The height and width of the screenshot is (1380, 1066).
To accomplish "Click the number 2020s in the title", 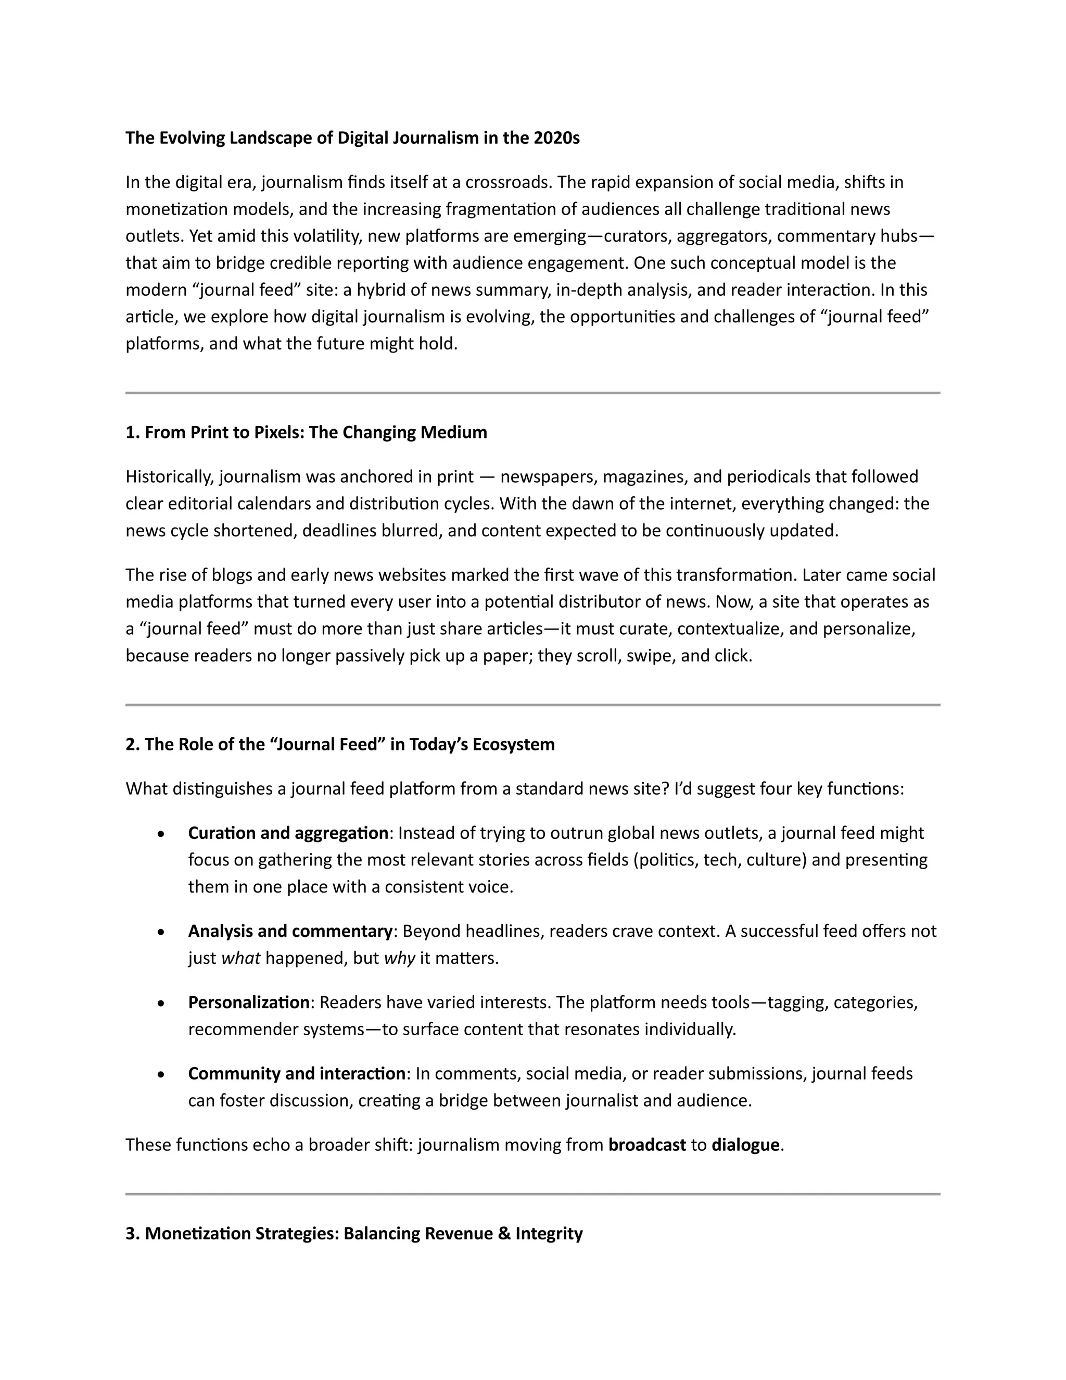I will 556,138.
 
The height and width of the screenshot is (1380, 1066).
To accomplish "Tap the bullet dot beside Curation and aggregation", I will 162,834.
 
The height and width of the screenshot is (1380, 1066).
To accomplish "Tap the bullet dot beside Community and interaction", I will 162,1075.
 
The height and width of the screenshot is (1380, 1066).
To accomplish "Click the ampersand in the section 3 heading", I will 504,1233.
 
